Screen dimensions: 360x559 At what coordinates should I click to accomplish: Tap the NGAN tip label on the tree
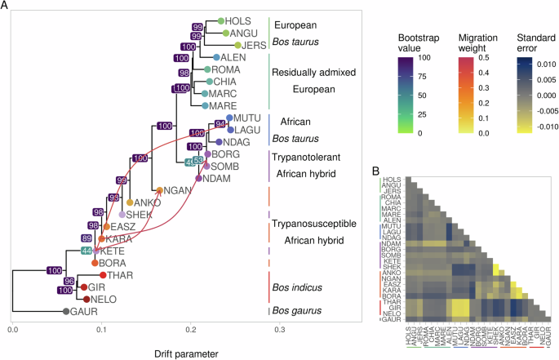click(x=177, y=189)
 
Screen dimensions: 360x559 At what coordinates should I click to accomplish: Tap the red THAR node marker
click(x=103, y=275)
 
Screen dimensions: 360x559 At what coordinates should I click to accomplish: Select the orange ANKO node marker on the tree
click(x=129, y=202)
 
